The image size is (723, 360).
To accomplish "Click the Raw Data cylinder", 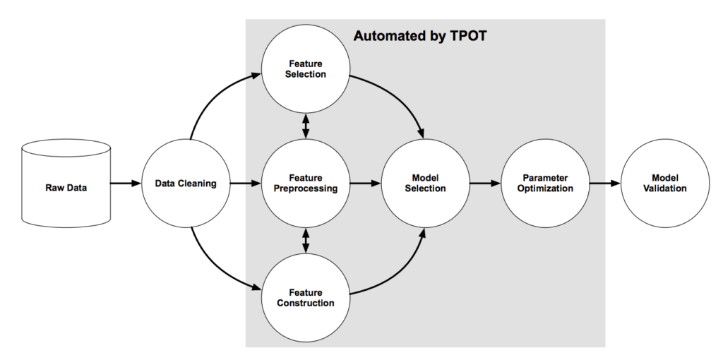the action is (x=66, y=184).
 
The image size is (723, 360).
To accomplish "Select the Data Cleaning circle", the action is (x=186, y=184).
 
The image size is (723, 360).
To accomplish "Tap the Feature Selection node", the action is (x=305, y=68).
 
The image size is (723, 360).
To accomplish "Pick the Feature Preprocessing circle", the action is (x=305, y=184).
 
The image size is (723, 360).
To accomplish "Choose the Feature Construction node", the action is (x=305, y=298).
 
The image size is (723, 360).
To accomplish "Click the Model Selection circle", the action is (x=425, y=184).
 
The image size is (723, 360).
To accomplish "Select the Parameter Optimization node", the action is (x=545, y=184).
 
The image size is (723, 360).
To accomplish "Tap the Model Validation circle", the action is (x=665, y=184).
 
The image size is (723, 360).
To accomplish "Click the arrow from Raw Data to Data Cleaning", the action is (x=126, y=184).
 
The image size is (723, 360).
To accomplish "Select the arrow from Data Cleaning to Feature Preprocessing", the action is (x=245, y=184).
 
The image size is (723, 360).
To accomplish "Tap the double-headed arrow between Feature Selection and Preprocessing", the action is (x=305, y=126).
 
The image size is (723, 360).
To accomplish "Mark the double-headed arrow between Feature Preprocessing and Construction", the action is (x=305, y=241).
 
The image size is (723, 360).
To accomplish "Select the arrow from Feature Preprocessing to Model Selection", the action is (x=365, y=184).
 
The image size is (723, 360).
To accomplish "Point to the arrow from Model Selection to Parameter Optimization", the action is (x=485, y=184).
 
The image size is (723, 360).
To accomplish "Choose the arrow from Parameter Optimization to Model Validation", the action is (x=605, y=184).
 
